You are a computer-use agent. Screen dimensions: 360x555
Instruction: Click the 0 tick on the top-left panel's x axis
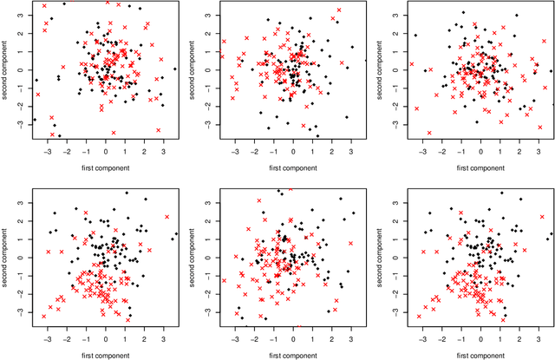coord(106,152)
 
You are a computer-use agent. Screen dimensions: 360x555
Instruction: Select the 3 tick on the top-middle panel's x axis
coord(351,152)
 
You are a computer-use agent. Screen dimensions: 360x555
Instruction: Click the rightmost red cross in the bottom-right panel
coord(542,217)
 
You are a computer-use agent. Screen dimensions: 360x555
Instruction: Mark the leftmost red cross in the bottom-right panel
coord(419,316)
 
